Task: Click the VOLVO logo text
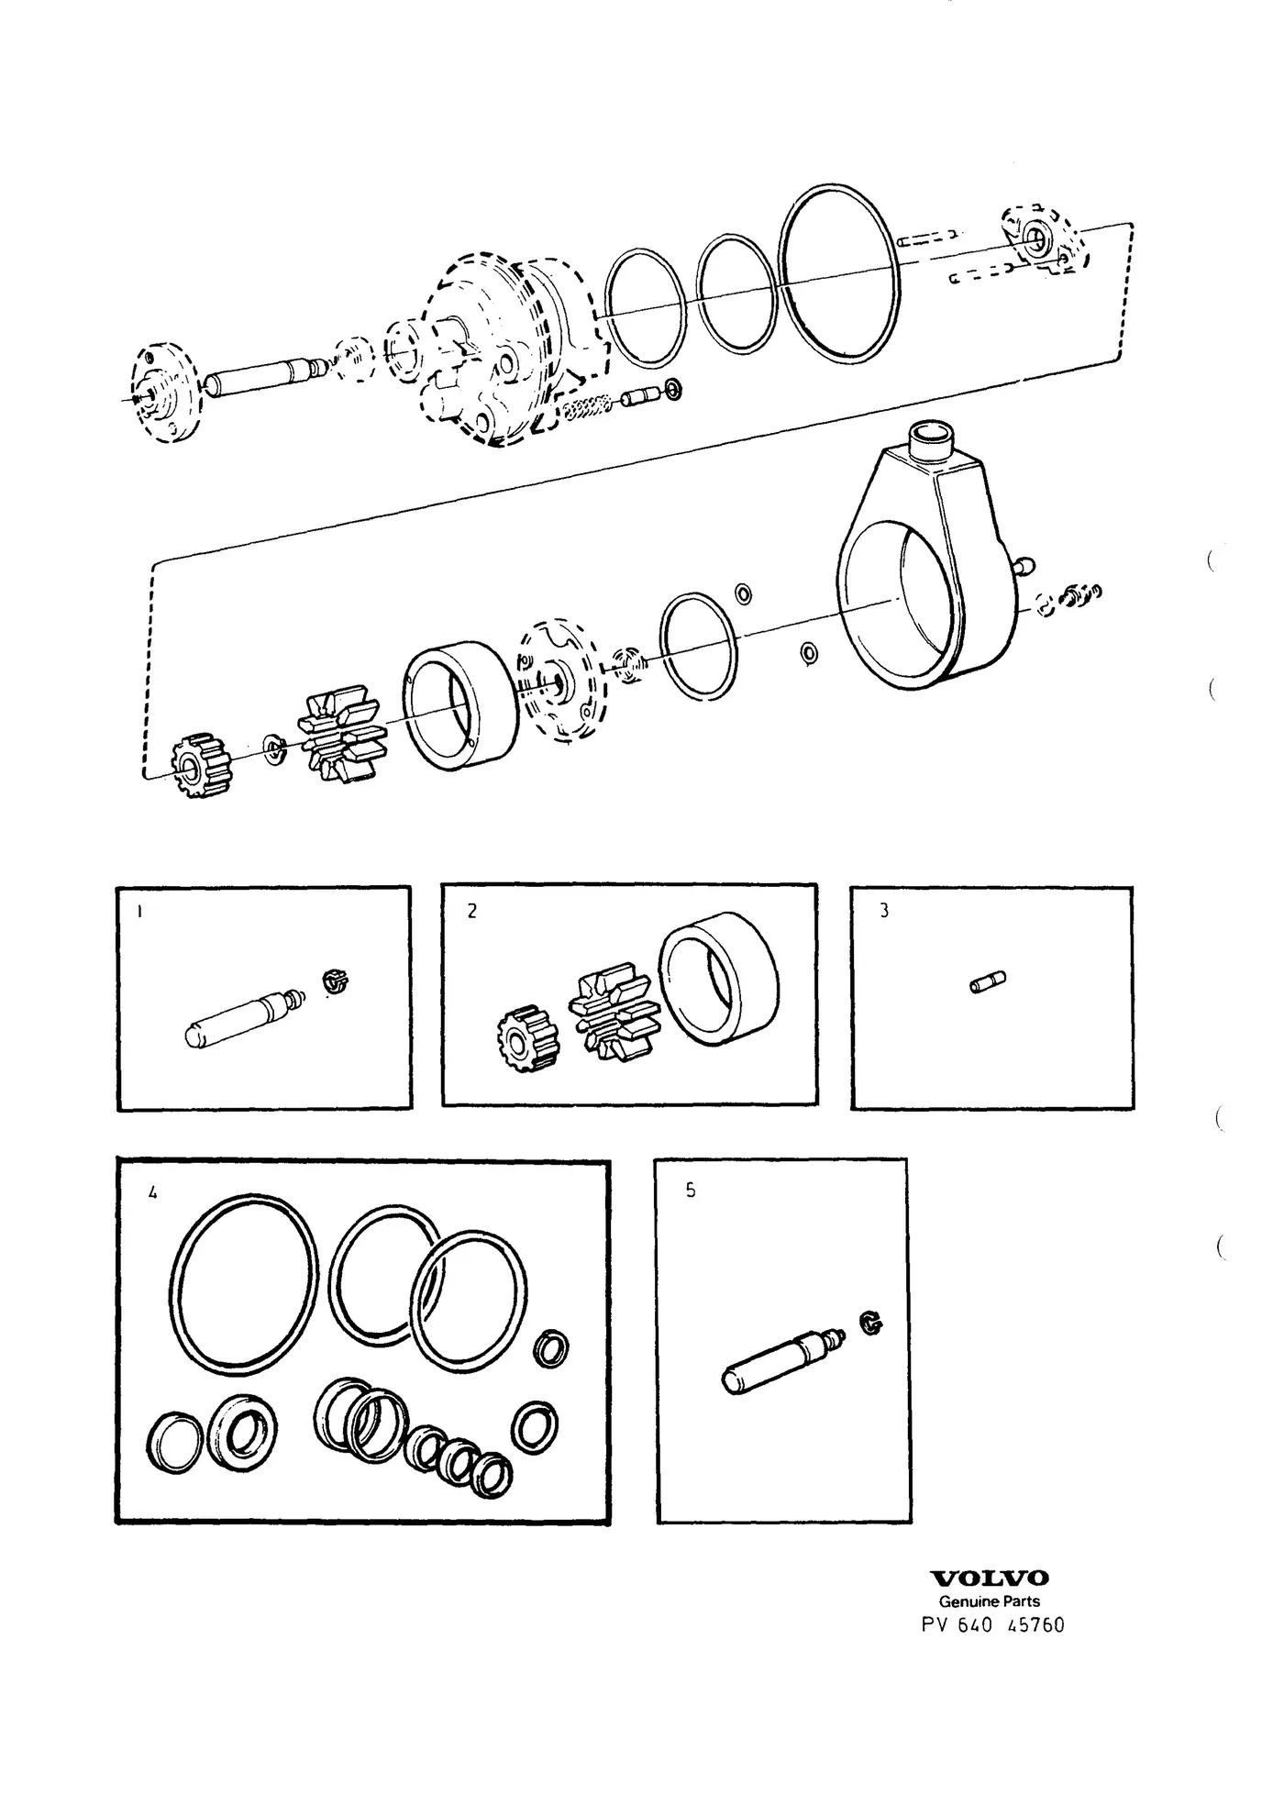[991, 1579]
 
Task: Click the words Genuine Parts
[989, 1601]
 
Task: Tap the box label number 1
[138, 912]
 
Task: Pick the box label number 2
[472, 912]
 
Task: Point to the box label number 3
[884, 912]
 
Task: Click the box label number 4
[152, 1193]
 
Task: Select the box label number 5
[691, 1191]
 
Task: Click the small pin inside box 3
[988, 983]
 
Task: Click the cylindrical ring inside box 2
[719, 981]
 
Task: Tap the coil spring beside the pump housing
[587, 407]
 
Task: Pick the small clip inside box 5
[870, 1323]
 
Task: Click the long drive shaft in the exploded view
[263, 378]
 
